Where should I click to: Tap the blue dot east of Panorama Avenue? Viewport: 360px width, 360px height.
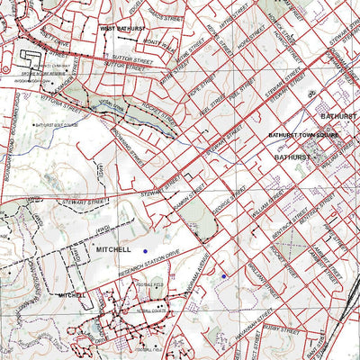tap(223, 276)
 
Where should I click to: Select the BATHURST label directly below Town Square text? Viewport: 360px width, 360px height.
tap(292, 156)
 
